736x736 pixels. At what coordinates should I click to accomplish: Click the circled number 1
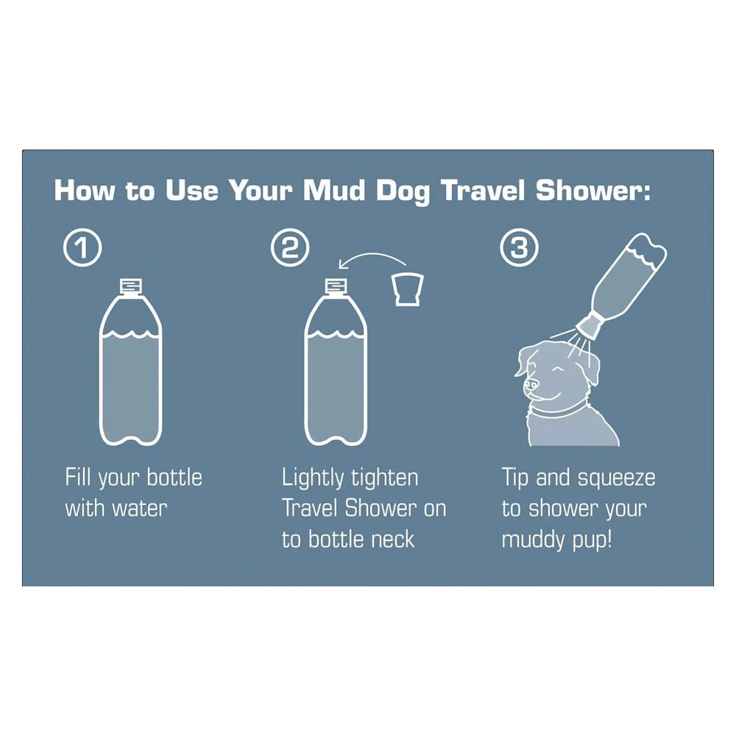tap(82, 249)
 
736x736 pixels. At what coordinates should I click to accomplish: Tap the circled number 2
tap(289, 249)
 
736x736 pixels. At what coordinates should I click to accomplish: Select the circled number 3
tap(519, 249)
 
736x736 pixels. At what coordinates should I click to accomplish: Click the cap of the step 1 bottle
tap(130, 286)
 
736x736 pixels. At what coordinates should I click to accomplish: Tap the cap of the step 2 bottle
tap(336, 286)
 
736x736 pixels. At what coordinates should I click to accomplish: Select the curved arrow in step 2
tap(372, 259)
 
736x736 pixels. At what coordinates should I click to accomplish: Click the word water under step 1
tap(142, 508)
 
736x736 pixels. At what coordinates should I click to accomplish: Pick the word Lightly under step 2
tap(316, 478)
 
